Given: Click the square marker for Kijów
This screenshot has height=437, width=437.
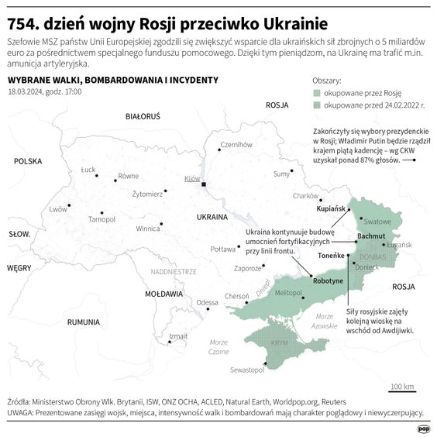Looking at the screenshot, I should [203, 185].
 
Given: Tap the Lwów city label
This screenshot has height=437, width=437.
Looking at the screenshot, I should [58, 209].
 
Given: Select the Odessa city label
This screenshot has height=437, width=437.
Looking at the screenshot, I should [207, 302].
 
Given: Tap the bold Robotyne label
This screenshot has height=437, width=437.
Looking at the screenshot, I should [330, 282].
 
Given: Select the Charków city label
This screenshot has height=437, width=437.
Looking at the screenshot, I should [306, 196].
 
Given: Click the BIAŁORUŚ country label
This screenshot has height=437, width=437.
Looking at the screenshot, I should [143, 116].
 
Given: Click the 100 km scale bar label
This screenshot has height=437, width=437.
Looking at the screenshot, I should [401, 387].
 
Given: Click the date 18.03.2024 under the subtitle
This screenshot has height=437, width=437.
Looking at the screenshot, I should [25, 92].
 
